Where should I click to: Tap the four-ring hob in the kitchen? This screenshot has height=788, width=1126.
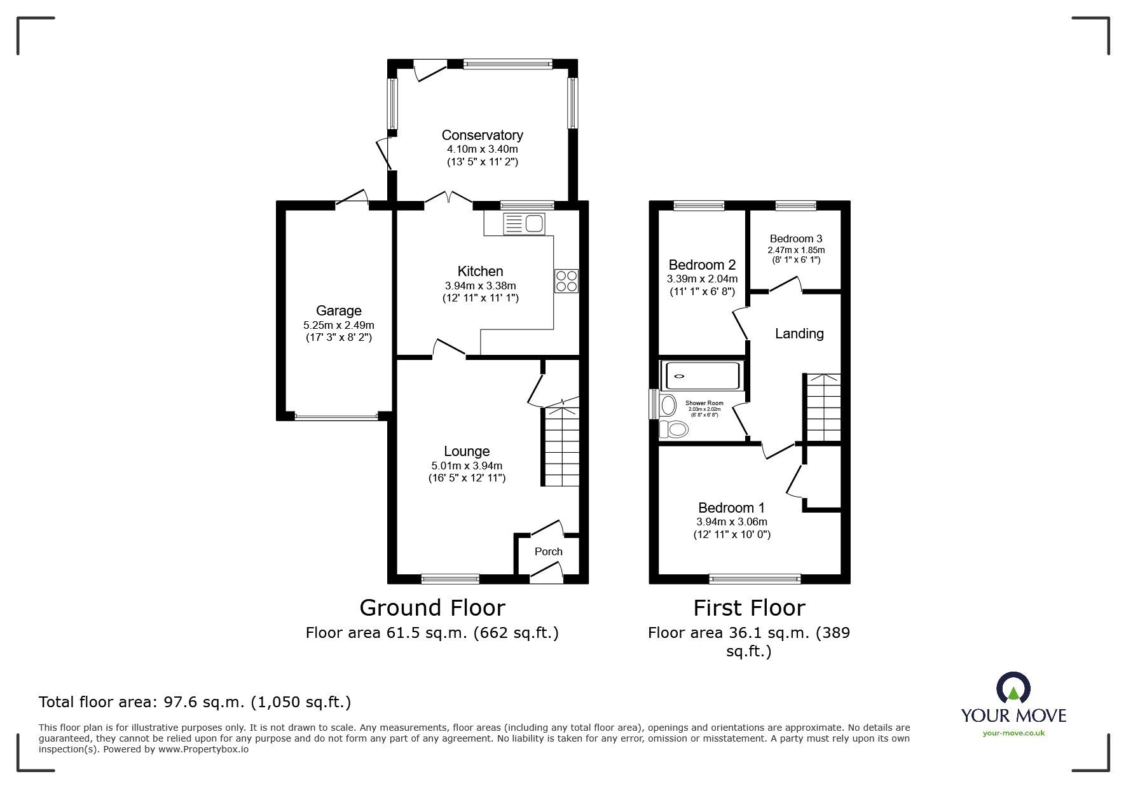click(566, 281)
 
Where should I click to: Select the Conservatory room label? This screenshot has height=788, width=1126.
click(482, 135)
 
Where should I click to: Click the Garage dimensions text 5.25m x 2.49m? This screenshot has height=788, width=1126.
click(338, 325)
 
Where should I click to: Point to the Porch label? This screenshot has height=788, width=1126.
click(548, 551)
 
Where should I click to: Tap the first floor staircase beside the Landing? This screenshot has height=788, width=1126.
click(823, 407)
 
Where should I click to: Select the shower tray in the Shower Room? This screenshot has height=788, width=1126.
click(701, 376)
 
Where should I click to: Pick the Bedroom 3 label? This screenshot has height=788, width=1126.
click(795, 238)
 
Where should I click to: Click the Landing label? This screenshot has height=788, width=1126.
click(799, 333)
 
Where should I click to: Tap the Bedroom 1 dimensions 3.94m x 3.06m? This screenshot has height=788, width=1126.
click(731, 522)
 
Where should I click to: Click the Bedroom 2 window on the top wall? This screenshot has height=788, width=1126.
click(699, 205)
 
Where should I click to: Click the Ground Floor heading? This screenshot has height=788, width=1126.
click(432, 607)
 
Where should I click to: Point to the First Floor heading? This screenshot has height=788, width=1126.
click(749, 607)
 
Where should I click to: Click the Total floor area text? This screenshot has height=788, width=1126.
click(195, 702)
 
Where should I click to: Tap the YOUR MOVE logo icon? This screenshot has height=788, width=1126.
click(1013, 689)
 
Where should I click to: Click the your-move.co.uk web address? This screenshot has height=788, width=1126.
click(1013, 733)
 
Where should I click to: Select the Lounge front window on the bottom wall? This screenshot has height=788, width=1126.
click(450, 579)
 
